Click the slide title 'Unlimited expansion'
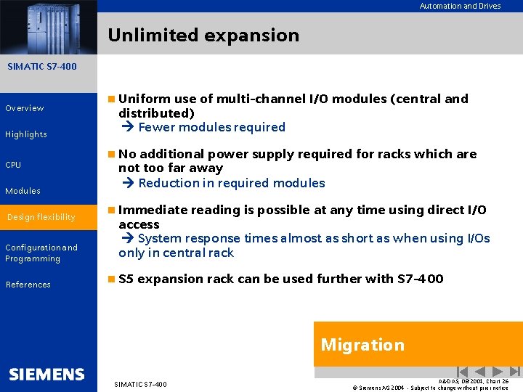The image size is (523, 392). (203, 35)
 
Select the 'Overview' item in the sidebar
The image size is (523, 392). (25, 108)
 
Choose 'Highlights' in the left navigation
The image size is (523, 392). (26, 134)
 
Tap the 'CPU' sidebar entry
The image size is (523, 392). (13, 165)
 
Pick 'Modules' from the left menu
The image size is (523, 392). (23, 191)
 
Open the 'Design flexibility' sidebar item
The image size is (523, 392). (41, 217)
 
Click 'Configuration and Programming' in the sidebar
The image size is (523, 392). (41, 253)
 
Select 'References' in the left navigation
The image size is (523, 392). (28, 285)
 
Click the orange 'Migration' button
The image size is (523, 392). (362, 345)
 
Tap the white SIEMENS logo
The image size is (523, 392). (47, 375)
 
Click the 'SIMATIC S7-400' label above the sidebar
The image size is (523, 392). (41, 67)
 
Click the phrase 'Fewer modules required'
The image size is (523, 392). (211, 127)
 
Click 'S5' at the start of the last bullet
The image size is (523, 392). (126, 279)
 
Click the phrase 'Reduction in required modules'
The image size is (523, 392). (231, 183)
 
